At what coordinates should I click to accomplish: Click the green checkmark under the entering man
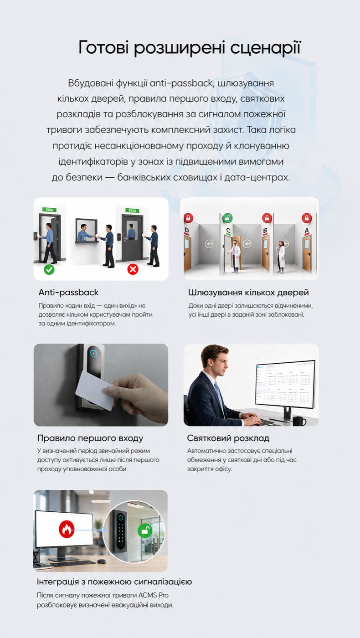[x=49, y=269]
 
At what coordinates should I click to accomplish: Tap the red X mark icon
[x=133, y=269]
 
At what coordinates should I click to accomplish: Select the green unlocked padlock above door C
[x=227, y=218]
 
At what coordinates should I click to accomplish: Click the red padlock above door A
[x=306, y=218]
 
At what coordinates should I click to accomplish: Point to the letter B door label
[x=265, y=231]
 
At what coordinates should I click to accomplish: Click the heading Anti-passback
[x=69, y=293]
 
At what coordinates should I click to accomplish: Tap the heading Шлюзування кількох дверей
[x=249, y=293]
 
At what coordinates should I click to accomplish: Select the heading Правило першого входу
[x=90, y=438]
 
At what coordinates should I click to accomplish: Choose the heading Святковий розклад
[x=228, y=438]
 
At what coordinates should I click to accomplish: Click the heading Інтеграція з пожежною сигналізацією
[x=114, y=581]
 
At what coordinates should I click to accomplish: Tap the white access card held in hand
[x=97, y=385]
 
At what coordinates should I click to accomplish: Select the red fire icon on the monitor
[x=67, y=530]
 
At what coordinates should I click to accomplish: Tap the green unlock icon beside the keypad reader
[x=145, y=530]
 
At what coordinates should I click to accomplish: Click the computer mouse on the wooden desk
[x=101, y=561]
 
